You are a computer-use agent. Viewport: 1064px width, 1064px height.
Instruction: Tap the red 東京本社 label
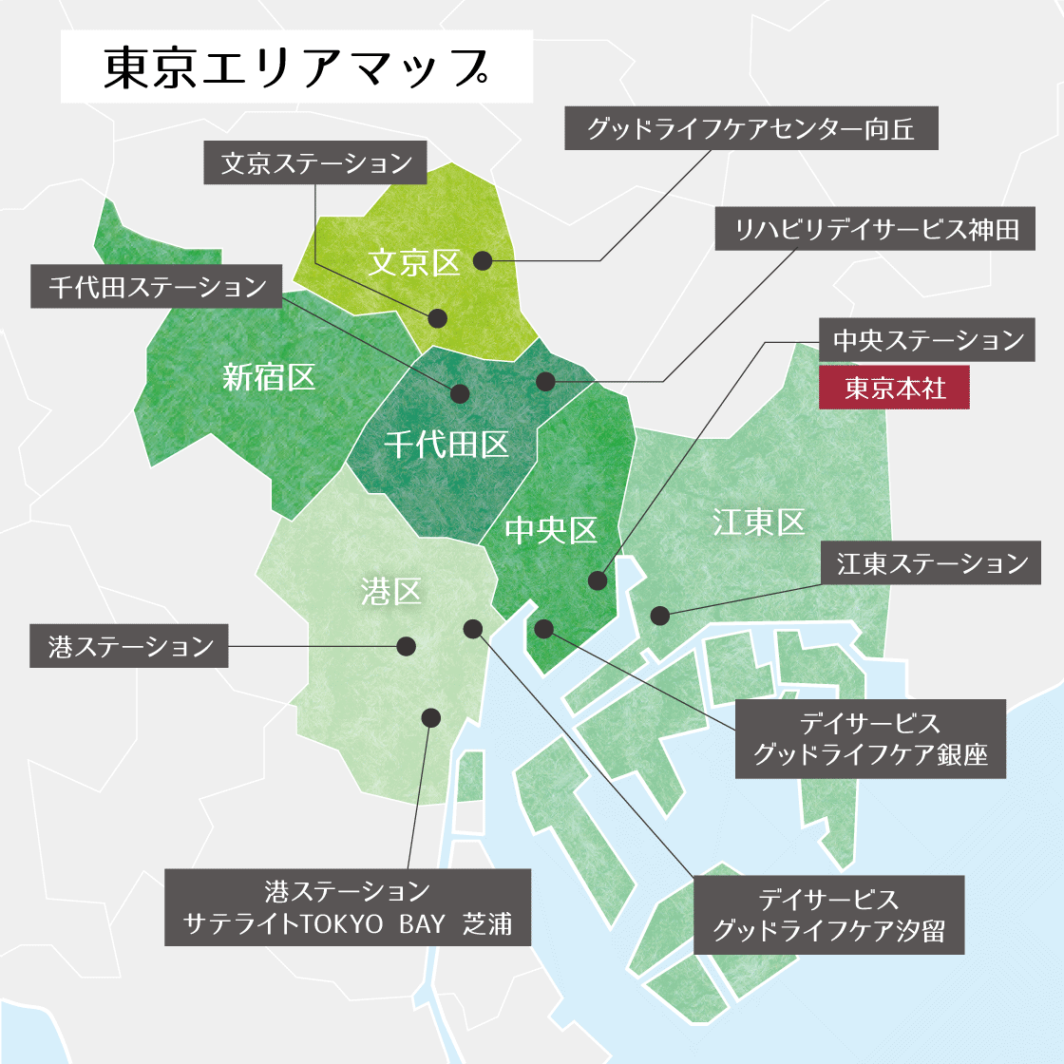[x=894, y=388]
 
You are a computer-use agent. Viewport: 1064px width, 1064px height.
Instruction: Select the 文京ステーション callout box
[x=316, y=163]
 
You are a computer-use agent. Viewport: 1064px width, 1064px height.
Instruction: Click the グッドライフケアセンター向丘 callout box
[x=751, y=128]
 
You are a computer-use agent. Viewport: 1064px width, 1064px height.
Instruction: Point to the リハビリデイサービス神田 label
[x=876, y=229]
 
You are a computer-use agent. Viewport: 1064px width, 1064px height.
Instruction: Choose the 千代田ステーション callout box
[x=157, y=287]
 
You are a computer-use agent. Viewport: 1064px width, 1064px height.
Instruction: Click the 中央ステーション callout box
[x=928, y=340]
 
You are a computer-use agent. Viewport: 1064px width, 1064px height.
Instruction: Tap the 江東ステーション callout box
[x=932, y=563]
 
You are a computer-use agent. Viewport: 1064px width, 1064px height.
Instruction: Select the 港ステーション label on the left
[x=129, y=647]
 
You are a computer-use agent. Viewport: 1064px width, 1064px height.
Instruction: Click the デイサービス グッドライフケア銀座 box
[x=870, y=739]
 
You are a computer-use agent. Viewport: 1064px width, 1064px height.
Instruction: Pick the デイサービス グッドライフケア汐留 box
[x=828, y=915]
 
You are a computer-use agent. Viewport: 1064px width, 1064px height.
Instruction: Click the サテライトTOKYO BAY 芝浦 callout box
[x=348, y=906]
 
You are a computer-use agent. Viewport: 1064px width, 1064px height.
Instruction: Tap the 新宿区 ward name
[x=269, y=377]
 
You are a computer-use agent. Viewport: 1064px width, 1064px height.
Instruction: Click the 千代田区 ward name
[x=446, y=444]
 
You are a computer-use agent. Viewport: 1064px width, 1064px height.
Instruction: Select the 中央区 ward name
[x=551, y=530]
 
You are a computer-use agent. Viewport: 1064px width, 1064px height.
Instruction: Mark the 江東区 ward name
[x=758, y=522]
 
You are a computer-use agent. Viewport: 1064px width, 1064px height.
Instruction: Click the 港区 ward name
[x=390, y=592]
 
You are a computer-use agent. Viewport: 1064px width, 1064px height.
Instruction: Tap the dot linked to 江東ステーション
[x=659, y=615]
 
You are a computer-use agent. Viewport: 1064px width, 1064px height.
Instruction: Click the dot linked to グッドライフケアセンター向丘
[x=483, y=260]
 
